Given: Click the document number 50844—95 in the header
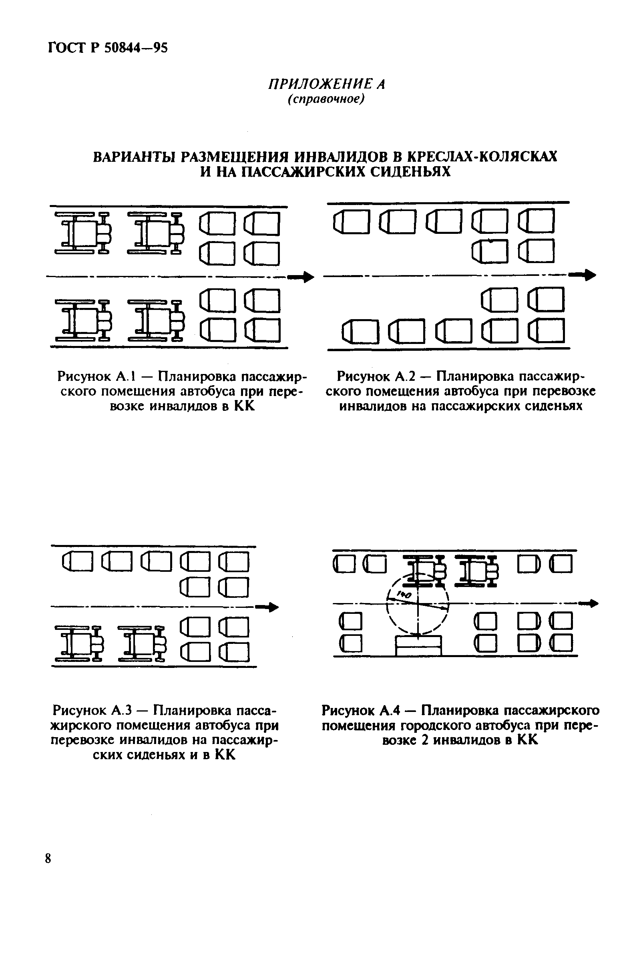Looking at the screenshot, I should (136, 48).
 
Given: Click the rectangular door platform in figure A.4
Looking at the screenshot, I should (418, 646).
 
